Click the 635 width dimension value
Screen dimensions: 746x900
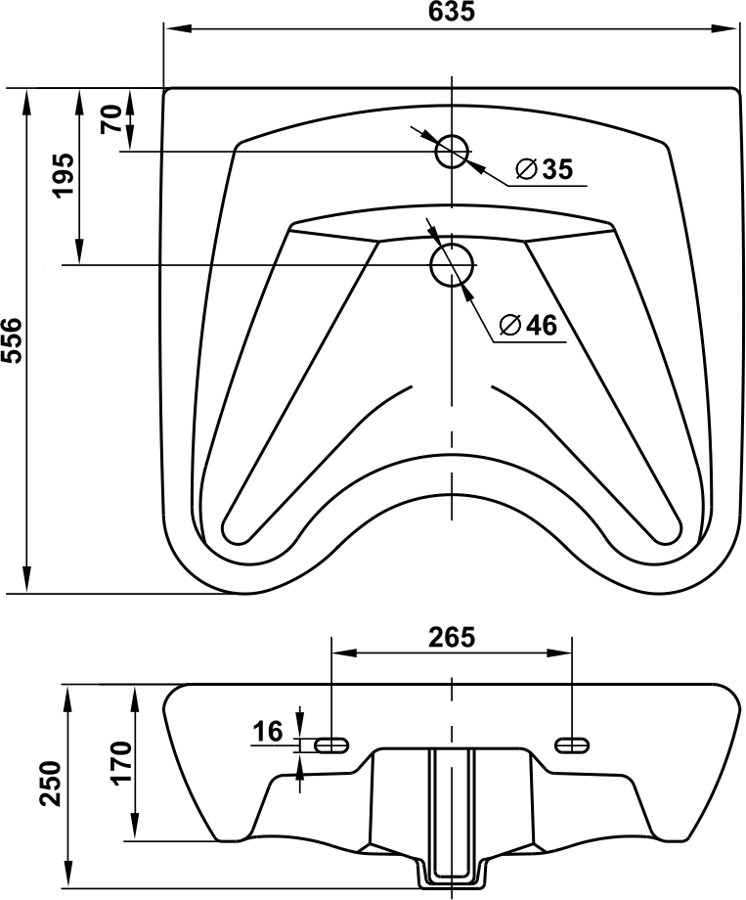[x=452, y=11]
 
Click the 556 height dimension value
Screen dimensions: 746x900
[x=12, y=339]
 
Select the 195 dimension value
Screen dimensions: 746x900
[x=64, y=175]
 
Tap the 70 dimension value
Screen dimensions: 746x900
[x=111, y=118]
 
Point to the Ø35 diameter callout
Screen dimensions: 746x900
[x=544, y=169]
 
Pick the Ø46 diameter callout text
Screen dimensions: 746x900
[x=527, y=325]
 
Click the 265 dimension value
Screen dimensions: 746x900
[x=452, y=637]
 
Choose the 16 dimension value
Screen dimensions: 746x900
[x=268, y=732]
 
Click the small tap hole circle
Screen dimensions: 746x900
[x=452, y=152]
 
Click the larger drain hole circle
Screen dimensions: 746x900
[x=452, y=264]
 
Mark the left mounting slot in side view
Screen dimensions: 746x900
[x=332, y=744]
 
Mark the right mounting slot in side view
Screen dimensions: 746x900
[x=572, y=744]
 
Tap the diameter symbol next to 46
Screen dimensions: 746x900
[x=509, y=326]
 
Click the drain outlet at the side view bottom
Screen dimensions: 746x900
[x=452, y=877]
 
